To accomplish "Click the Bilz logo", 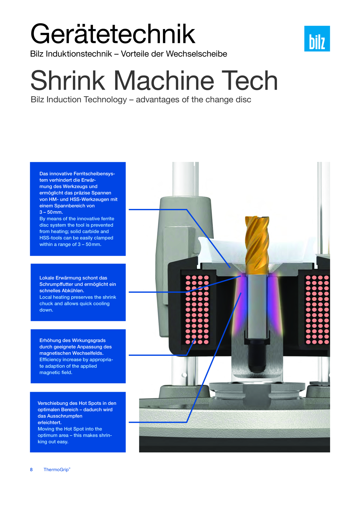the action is pyautogui.click(x=317, y=39).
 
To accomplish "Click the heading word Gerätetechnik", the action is pyautogui.click(x=113, y=34).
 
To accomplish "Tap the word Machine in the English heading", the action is pyautogui.click(x=164, y=80).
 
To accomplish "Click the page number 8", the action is pyautogui.click(x=31, y=470).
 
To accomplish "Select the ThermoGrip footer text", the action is pyautogui.click(x=57, y=470).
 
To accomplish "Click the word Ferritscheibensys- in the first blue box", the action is pyautogui.click(x=94, y=174).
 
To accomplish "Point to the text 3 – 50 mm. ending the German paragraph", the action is pyautogui.click(x=51, y=212).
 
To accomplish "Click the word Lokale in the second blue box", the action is pyautogui.click(x=46, y=278).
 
